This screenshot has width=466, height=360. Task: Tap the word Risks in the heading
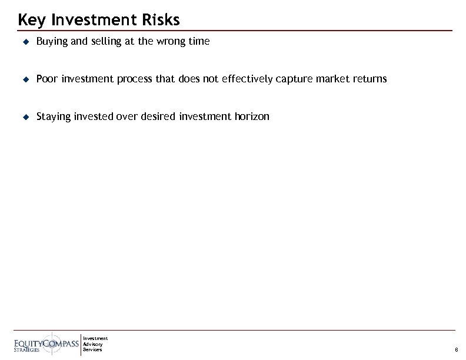click(158, 20)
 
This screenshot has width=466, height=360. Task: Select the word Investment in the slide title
click(92, 20)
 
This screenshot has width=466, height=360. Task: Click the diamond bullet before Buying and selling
click(25, 42)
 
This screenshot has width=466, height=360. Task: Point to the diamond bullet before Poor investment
click(25, 79)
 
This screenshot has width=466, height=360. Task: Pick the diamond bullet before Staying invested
click(25, 116)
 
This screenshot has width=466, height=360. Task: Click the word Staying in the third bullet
click(52, 116)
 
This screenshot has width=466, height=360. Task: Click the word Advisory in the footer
click(92, 344)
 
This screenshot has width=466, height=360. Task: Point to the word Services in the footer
click(92, 349)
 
